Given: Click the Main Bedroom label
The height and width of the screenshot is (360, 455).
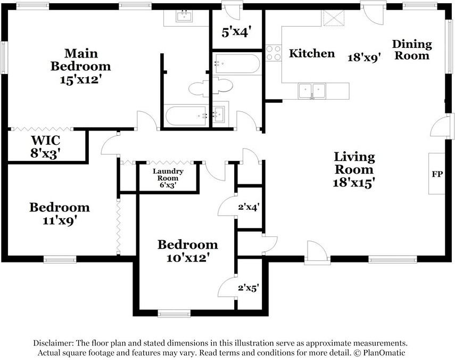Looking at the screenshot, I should pyautogui.click(x=80, y=60).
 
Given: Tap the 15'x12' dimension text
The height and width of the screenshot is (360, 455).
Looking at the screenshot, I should pyautogui.click(x=80, y=80).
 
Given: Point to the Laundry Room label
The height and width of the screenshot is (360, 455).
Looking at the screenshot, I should pyautogui.click(x=168, y=175).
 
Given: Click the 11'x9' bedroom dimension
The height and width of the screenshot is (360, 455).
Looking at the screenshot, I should pyautogui.click(x=59, y=219).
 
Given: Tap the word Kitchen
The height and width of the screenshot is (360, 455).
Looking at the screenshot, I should pyautogui.click(x=312, y=53).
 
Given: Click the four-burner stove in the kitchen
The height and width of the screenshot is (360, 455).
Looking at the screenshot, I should pyautogui.click(x=274, y=52).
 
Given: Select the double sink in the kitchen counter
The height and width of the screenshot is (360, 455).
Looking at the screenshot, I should pyautogui.click(x=312, y=89).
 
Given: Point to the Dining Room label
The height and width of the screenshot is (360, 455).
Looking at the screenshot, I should pyautogui.click(x=411, y=50).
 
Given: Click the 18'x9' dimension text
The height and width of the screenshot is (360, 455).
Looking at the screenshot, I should pyautogui.click(x=365, y=58).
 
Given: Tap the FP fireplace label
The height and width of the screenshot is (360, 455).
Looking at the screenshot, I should pyautogui.click(x=437, y=175).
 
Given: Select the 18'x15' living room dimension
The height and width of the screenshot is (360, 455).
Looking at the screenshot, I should pyautogui.click(x=354, y=182).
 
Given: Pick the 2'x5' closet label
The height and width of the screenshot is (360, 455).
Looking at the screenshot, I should pyautogui.click(x=249, y=288).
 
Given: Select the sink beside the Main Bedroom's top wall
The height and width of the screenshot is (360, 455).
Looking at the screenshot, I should pyautogui.click(x=185, y=17).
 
